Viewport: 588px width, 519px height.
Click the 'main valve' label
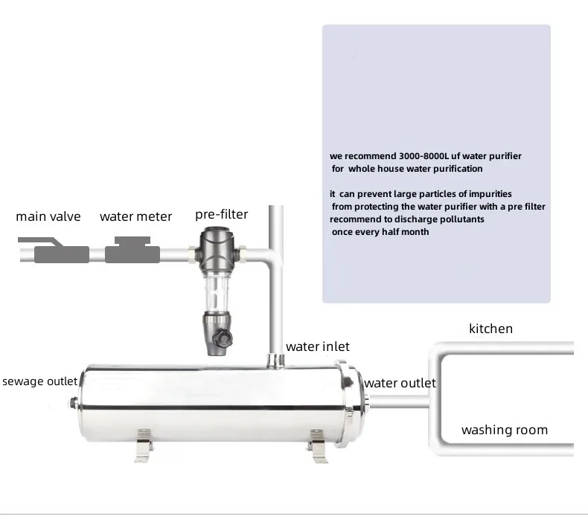(x=48, y=217)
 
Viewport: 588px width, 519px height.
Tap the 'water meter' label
(x=135, y=217)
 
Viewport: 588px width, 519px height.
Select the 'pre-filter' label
(x=221, y=215)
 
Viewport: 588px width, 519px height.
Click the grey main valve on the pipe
(x=61, y=253)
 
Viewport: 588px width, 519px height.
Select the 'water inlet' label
(x=317, y=346)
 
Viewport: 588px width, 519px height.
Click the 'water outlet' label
(x=400, y=384)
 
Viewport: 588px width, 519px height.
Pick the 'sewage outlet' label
(x=39, y=382)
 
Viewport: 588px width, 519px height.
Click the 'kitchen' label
(x=490, y=329)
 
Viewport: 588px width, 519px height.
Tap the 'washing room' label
(x=504, y=430)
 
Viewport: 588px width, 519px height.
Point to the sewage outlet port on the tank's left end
(x=73, y=403)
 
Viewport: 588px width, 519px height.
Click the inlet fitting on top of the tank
(x=276, y=359)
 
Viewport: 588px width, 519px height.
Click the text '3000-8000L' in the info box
(x=415, y=156)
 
